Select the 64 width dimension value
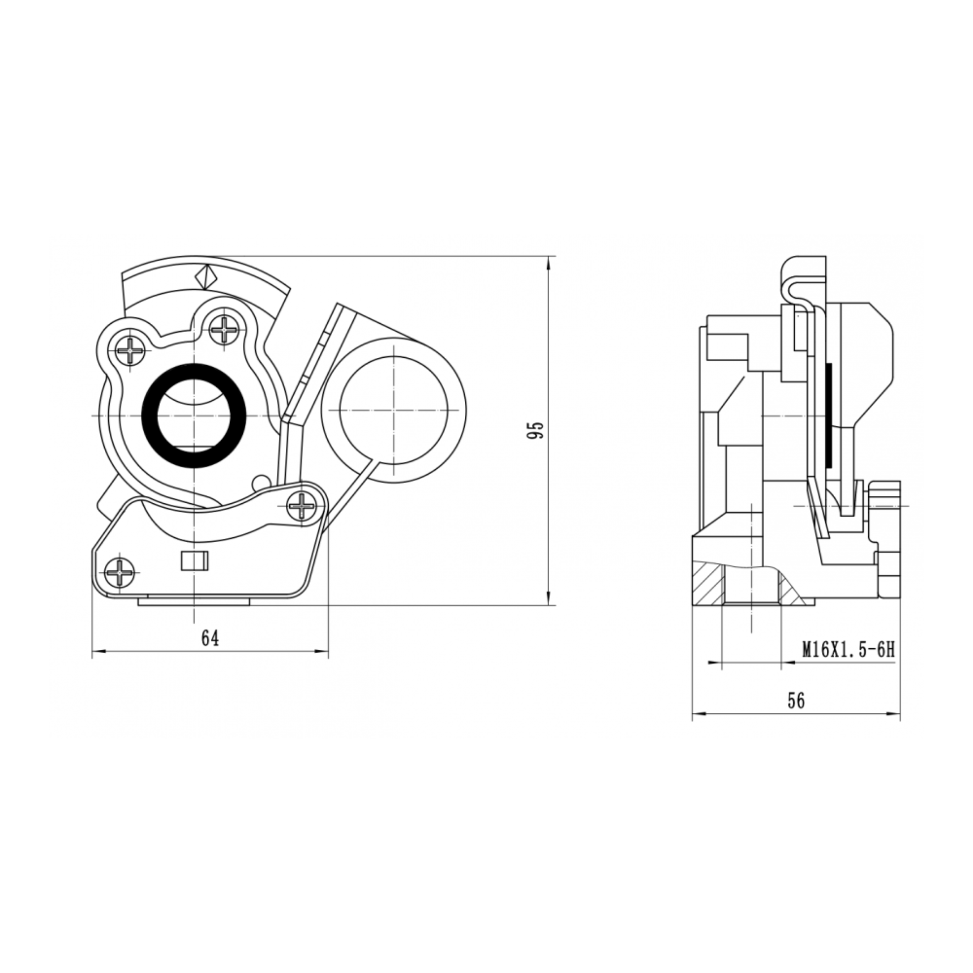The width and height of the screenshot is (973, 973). (211, 639)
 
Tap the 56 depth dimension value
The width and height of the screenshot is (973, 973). (796, 701)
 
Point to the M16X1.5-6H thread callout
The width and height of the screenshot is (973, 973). (848, 650)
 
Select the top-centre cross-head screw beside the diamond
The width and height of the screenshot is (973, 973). (224, 330)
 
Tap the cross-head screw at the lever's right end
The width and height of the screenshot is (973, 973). (302, 505)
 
